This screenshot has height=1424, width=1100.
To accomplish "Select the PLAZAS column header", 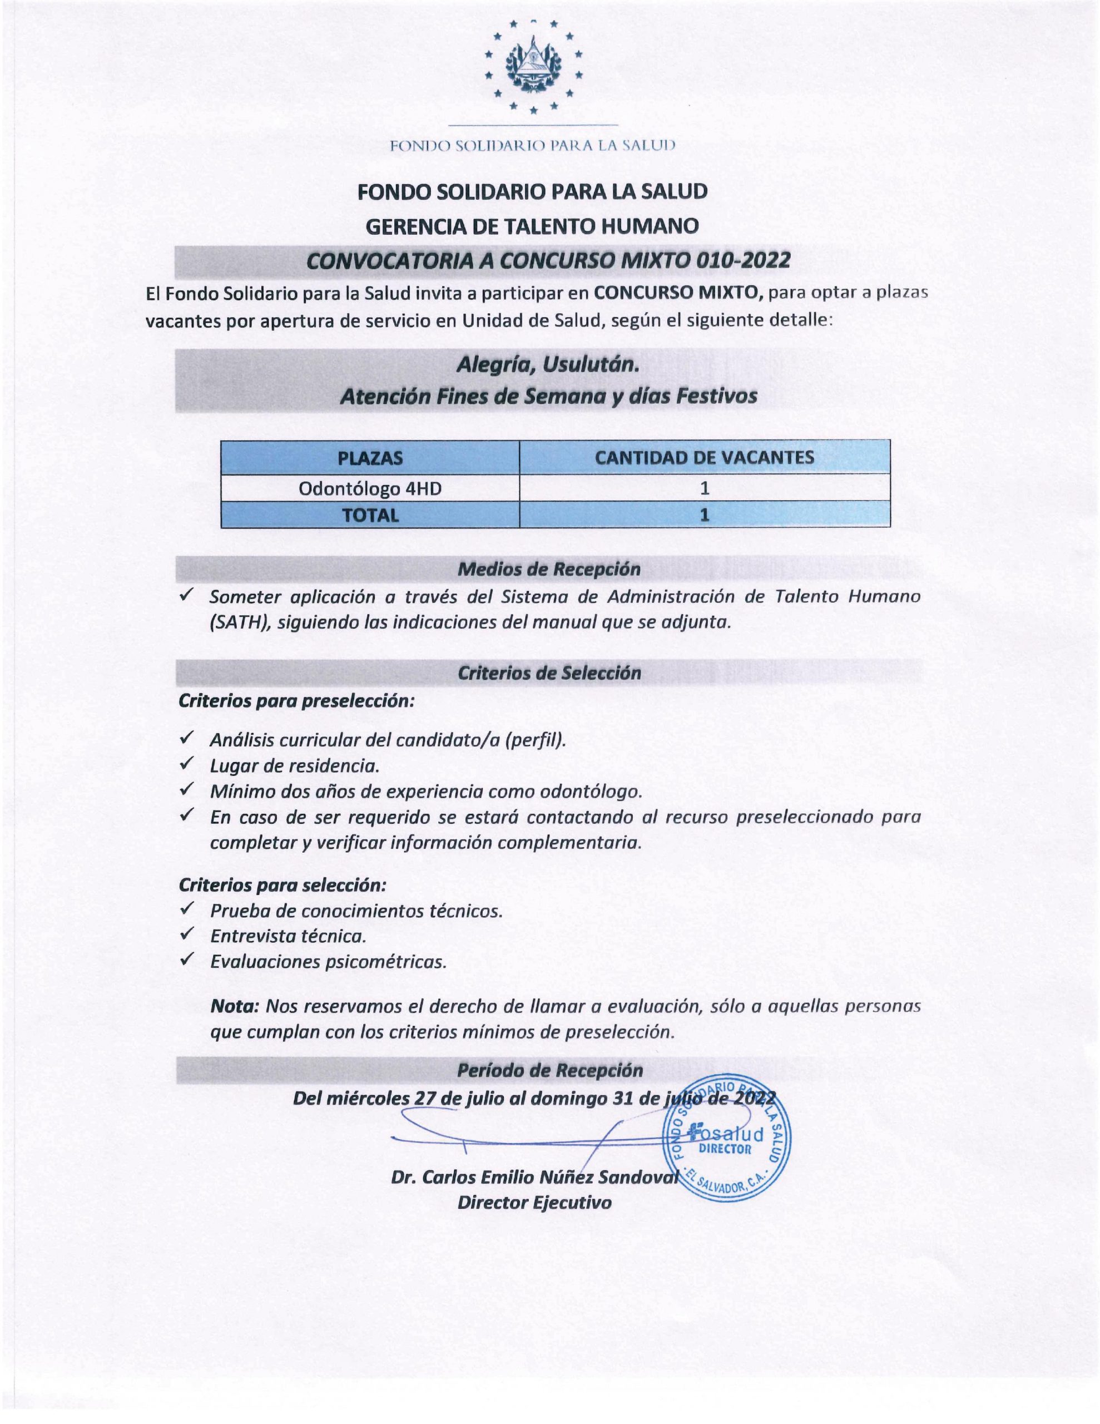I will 370,458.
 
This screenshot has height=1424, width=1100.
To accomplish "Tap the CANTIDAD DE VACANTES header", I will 704,457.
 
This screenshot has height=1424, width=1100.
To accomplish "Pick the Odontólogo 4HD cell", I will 370,488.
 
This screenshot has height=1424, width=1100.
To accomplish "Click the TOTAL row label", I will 370,515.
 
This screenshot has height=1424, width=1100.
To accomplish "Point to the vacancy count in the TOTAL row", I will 704,515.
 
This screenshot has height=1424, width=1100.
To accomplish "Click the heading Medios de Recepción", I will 549,569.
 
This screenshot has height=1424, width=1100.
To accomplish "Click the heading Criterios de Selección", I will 549,673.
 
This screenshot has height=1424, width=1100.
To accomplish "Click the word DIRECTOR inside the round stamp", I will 725,1149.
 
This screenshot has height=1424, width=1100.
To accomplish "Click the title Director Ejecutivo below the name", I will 534,1203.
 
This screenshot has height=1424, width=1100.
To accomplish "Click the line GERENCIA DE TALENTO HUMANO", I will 532,226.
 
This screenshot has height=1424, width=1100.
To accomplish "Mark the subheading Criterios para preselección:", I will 296,701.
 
